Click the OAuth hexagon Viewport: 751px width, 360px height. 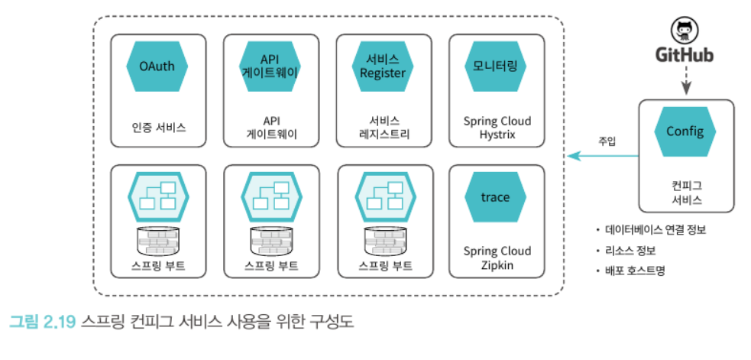point(157,66)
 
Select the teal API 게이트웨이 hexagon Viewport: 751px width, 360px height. point(269,66)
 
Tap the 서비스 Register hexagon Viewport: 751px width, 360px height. point(382,66)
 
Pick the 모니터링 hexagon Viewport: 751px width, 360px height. point(495,66)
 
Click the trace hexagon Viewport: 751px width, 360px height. point(495,197)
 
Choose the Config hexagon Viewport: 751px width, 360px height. point(685,131)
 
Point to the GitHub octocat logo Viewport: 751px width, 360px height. point(684,31)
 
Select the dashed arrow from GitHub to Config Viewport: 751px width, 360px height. point(685,79)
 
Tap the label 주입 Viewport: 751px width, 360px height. point(607,141)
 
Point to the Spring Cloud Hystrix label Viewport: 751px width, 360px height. point(497,128)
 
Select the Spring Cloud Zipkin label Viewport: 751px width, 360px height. point(497,258)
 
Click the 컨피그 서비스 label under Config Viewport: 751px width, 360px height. point(685,193)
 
